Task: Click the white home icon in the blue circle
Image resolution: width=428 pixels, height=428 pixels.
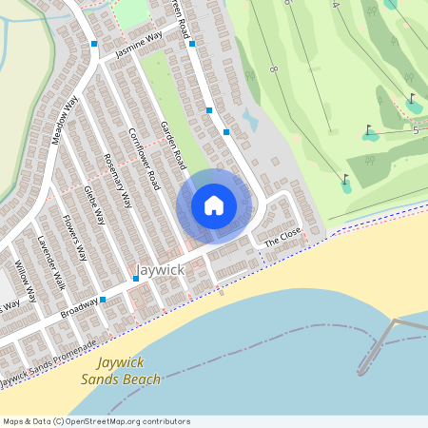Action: pos(214,204)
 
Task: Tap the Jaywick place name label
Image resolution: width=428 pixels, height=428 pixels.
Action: pos(159,270)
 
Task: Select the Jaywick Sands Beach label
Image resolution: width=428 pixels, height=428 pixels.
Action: pos(129,371)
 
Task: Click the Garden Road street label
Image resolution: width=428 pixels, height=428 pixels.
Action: pos(173,152)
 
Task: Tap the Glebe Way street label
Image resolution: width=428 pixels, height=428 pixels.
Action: pos(94,204)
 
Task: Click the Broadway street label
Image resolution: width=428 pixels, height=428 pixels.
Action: pos(79,309)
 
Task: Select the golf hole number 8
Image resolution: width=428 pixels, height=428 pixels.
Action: pos(273,69)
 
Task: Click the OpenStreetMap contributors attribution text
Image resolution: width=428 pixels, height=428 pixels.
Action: pos(95,421)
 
